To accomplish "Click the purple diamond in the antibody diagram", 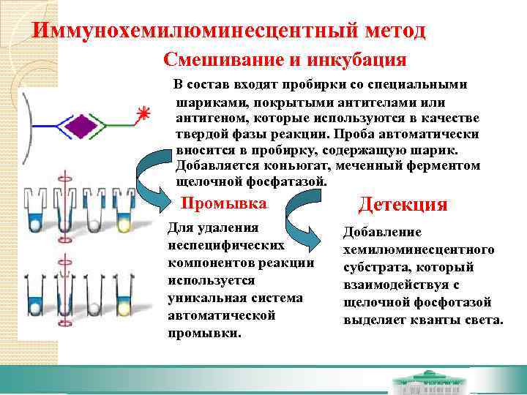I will pos(81,126).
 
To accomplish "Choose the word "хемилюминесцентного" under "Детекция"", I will pos(419,249).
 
